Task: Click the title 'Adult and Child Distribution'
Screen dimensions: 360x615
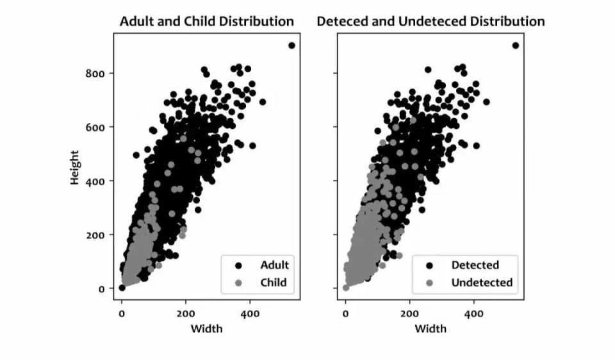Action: pyautogui.click(x=207, y=21)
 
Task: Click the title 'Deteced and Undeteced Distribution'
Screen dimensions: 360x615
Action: pyautogui.click(x=430, y=21)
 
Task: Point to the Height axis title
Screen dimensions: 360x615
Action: pyautogui.click(x=75, y=168)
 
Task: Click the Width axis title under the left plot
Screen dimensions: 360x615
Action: pyautogui.click(x=207, y=329)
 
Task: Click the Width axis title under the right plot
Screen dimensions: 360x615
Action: pyautogui.click(x=430, y=329)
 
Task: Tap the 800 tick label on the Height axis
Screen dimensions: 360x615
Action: pyautogui.click(x=95, y=73)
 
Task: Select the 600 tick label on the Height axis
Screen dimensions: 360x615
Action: pyautogui.click(x=95, y=127)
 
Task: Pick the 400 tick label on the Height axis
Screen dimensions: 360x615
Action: pyautogui.click(x=95, y=181)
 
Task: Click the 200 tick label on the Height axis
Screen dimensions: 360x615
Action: pyautogui.click(x=95, y=234)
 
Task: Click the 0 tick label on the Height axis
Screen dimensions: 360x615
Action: pyautogui.click(x=101, y=288)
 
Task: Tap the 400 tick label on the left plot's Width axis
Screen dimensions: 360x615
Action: pyautogui.click(x=250, y=313)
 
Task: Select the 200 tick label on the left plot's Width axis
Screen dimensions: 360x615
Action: pyautogui.click(x=186, y=313)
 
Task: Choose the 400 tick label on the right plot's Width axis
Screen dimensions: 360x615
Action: pyautogui.click(x=473, y=313)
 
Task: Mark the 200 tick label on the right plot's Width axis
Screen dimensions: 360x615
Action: pyautogui.click(x=409, y=313)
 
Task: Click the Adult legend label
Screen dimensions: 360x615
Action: pyautogui.click(x=274, y=265)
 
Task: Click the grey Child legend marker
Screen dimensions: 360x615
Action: pyautogui.click(x=238, y=282)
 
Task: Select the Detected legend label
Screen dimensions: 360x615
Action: pyautogui.click(x=475, y=265)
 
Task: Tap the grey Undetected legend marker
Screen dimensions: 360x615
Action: pyautogui.click(x=429, y=282)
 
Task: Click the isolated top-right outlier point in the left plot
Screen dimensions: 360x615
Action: pyautogui.click(x=291, y=45)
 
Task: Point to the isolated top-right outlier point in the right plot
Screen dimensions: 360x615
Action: pyautogui.click(x=515, y=45)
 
